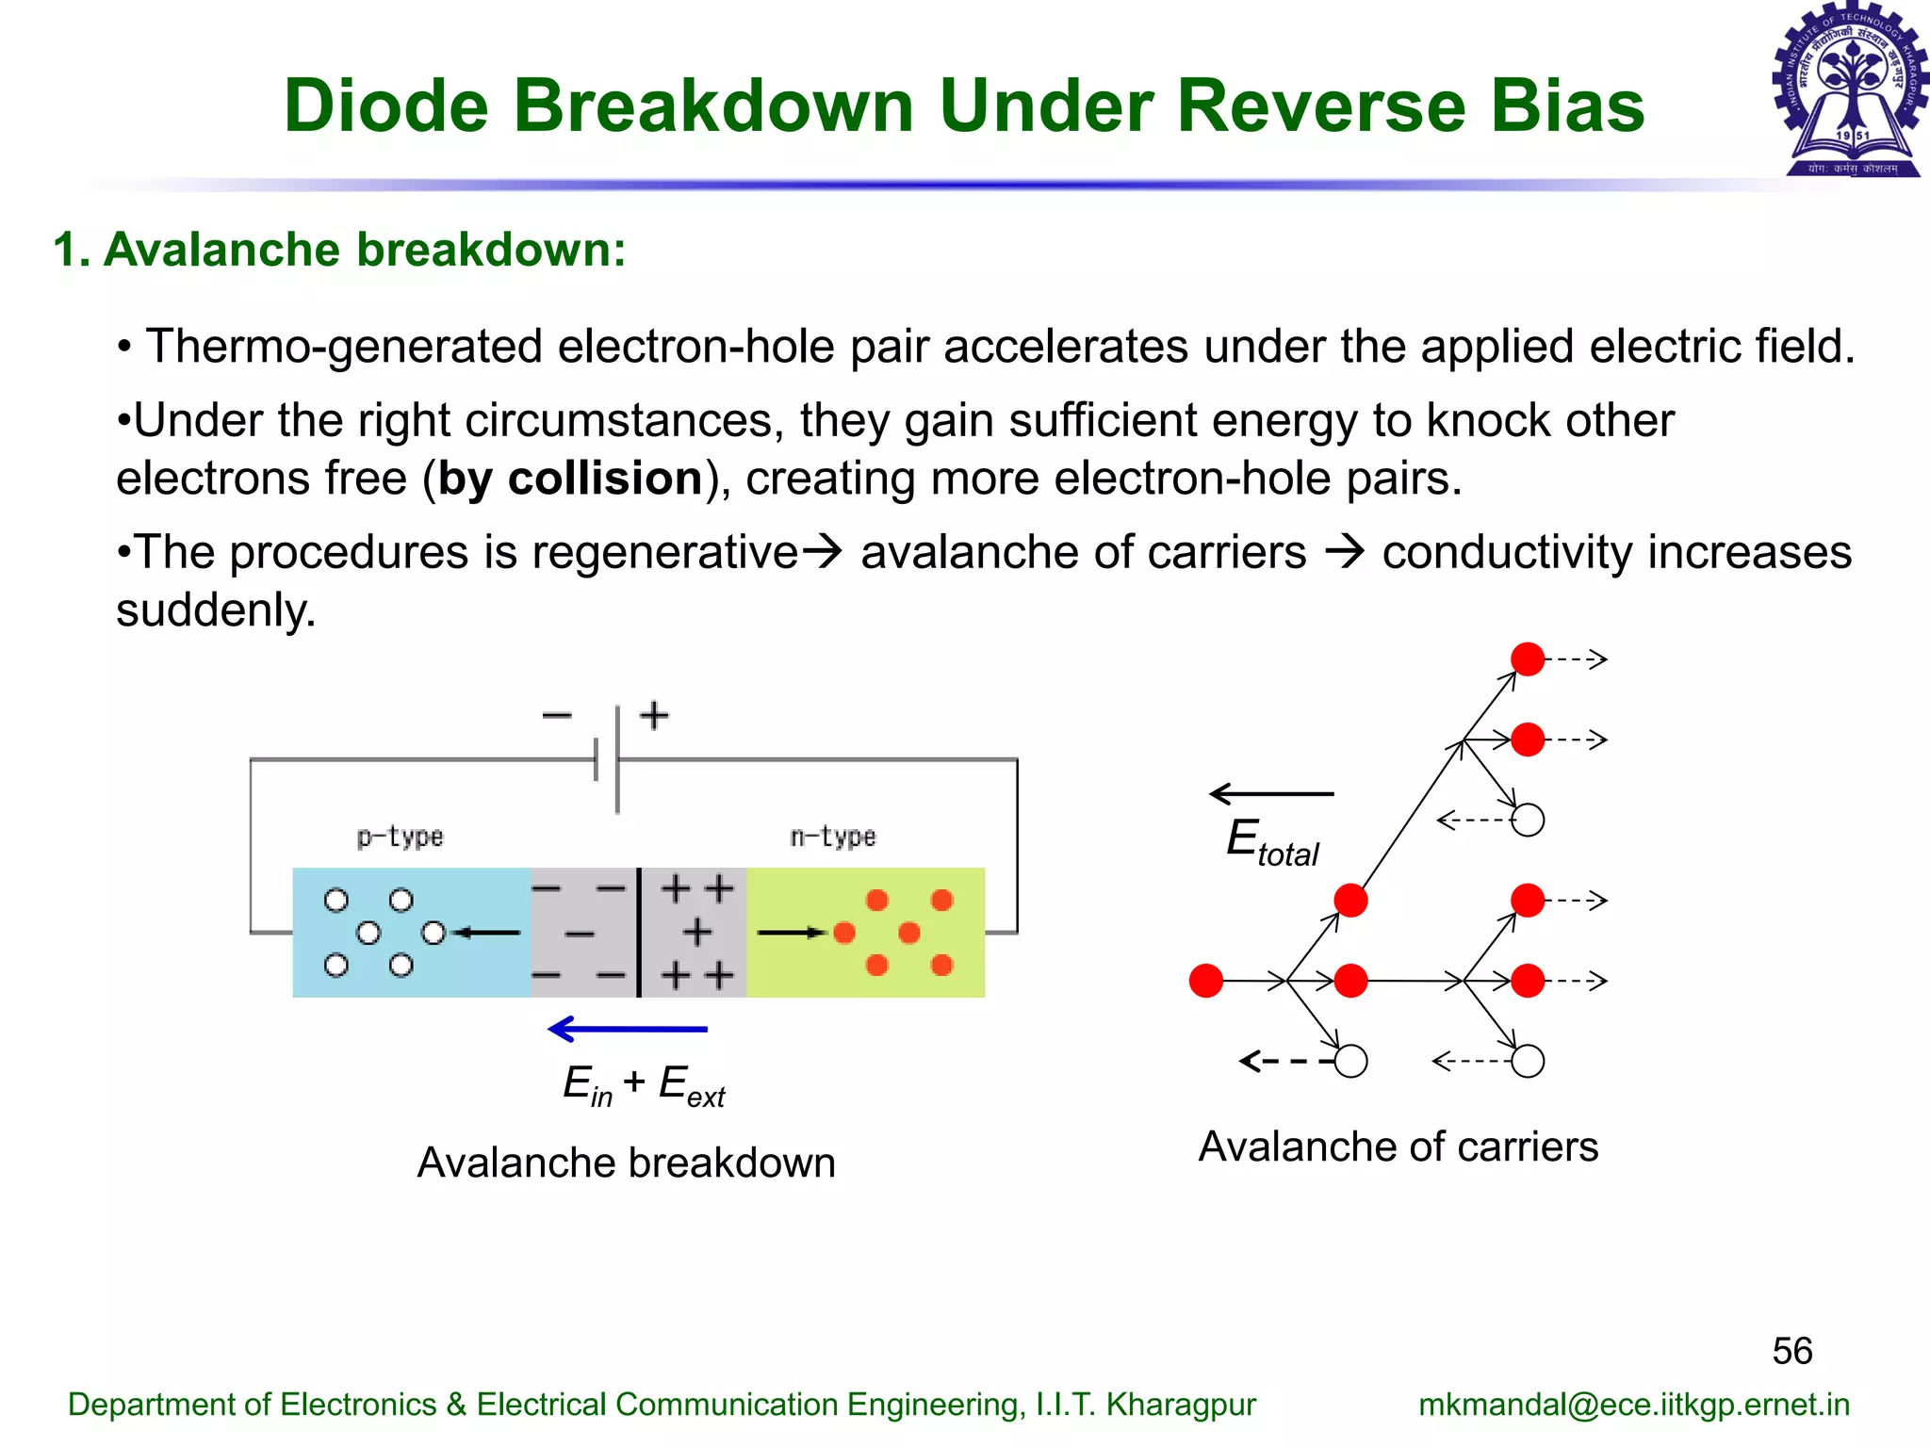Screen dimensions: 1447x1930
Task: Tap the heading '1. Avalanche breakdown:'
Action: (339, 251)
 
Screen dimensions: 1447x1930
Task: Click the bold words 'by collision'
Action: (570, 479)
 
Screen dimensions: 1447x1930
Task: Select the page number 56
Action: (1791, 1351)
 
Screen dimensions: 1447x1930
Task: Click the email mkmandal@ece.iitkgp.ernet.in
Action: (1633, 1405)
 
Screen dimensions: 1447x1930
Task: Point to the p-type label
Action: (400, 837)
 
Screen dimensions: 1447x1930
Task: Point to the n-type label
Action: (833, 837)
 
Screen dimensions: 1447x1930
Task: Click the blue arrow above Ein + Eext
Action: (628, 1029)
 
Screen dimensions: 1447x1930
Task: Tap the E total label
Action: (1272, 841)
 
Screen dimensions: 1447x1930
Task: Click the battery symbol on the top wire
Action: (608, 759)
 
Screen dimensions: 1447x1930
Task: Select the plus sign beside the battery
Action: (654, 716)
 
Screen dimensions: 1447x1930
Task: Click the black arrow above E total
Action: (1271, 794)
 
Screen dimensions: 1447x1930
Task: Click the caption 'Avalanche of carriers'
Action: (1398, 1147)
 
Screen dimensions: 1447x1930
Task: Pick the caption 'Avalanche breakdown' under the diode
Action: (626, 1163)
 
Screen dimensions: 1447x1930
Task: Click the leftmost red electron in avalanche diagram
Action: (1206, 981)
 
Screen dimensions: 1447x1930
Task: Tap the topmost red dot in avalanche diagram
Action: (1528, 658)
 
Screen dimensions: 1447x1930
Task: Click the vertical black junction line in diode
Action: (639, 933)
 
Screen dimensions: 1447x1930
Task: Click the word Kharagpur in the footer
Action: (1181, 1405)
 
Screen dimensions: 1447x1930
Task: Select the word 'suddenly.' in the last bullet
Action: (216, 610)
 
